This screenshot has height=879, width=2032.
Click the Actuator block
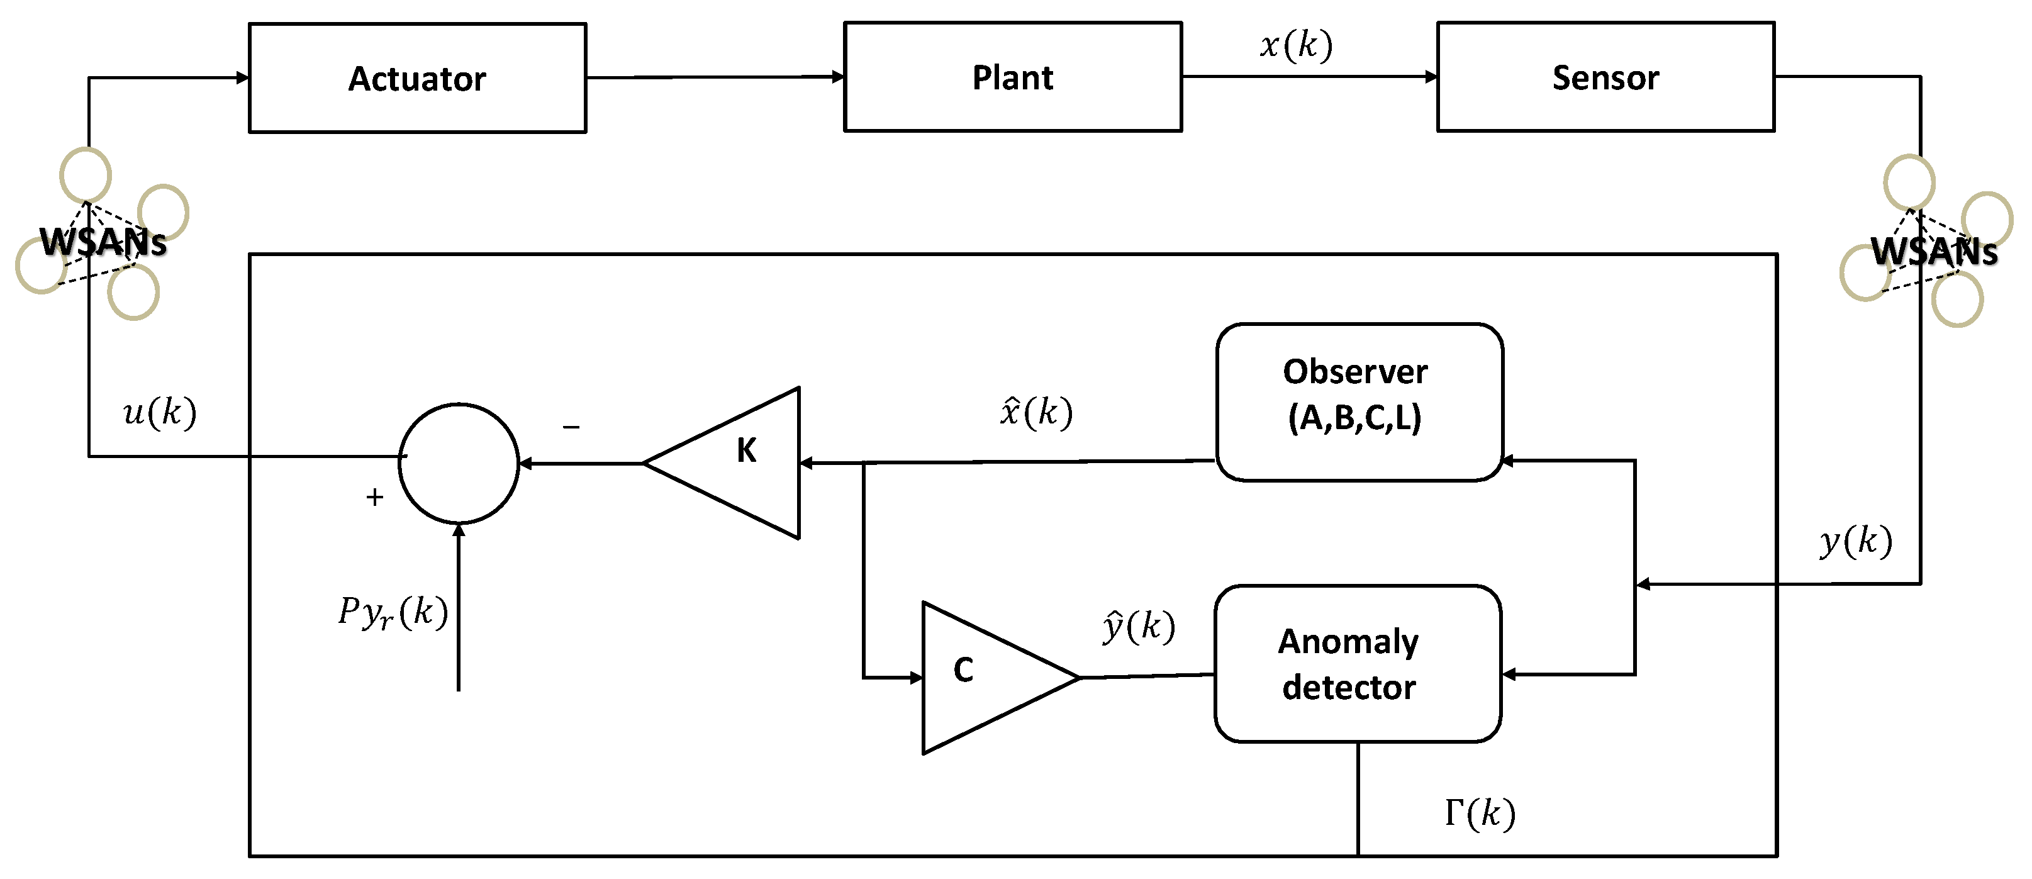point(417,78)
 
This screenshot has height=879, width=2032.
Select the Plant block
point(1012,77)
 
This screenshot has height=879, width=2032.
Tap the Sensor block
point(1605,77)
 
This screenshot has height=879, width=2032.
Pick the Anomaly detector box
point(1357,663)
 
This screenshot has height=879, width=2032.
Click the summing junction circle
point(459,463)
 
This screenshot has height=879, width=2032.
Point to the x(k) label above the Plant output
point(1296,45)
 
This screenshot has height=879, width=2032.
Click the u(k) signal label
point(159,412)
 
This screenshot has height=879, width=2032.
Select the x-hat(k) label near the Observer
point(1036,412)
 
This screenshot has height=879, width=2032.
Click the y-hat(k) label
point(1137,627)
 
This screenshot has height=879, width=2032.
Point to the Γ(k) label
point(1479,813)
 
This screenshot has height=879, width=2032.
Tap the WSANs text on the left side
point(103,242)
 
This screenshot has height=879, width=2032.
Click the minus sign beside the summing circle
point(571,427)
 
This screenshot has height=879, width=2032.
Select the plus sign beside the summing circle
point(375,497)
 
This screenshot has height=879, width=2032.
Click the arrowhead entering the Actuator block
point(243,77)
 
